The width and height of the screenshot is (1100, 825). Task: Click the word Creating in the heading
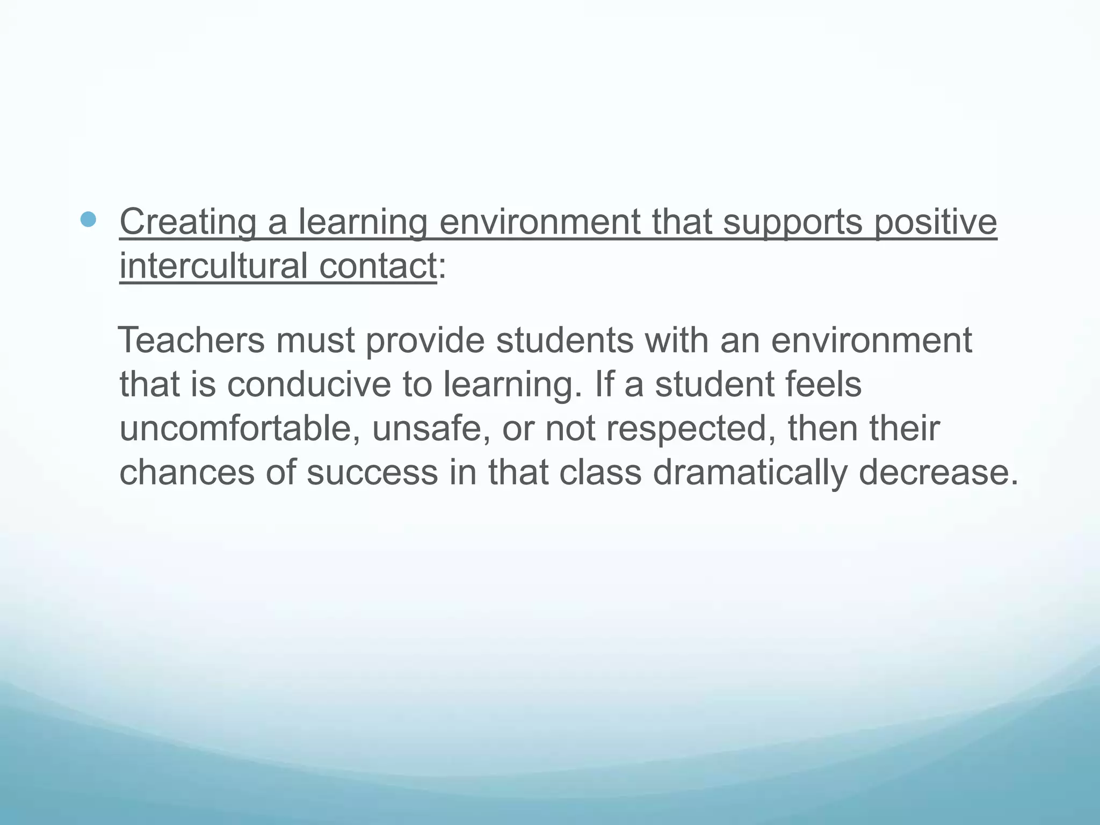click(187, 222)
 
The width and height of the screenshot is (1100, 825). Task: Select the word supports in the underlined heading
click(792, 222)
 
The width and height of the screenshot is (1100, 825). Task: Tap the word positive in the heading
click(935, 222)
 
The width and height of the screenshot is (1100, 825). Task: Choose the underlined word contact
click(378, 266)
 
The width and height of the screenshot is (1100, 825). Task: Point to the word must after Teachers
click(315, 341)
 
